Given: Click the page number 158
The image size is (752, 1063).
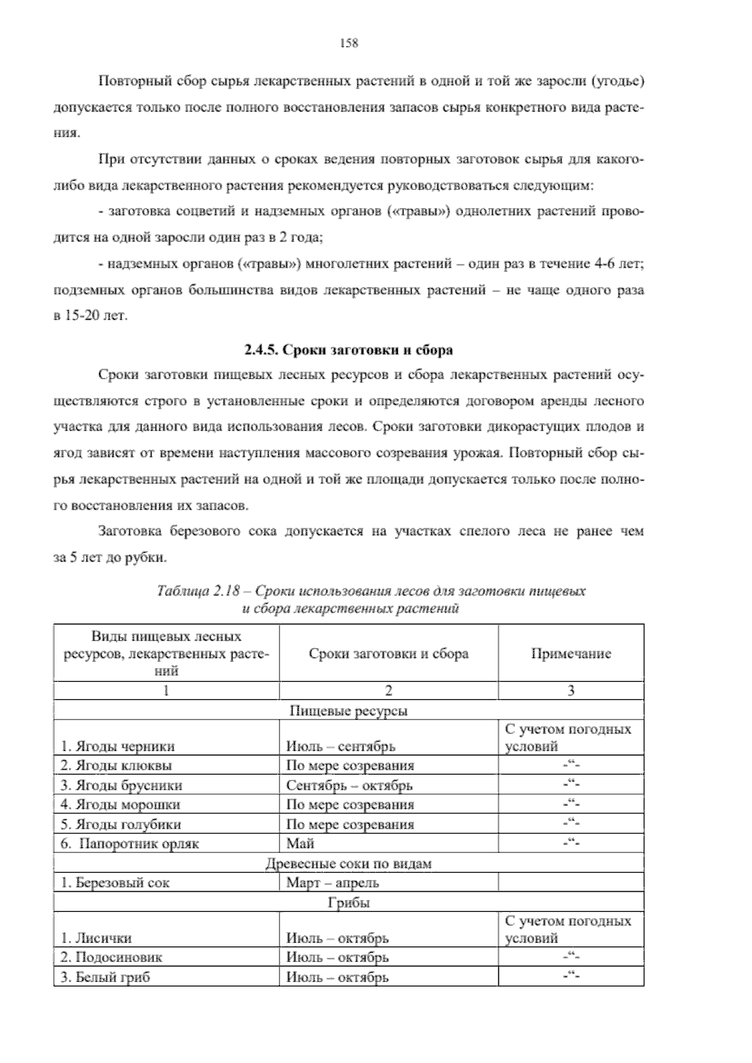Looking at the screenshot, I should [x=348, y=43].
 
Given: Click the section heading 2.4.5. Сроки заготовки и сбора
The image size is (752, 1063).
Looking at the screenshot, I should [x=348, y=350].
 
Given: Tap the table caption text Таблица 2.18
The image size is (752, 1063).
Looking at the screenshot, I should [x=199, y=591].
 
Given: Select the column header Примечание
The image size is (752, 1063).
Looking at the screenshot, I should [x=570, y=654].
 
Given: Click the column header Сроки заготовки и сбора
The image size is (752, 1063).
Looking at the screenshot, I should [x=388, y=654].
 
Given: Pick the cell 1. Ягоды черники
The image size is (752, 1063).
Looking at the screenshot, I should [x=118, y=746].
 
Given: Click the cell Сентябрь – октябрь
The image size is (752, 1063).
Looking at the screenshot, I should [x=349, y=785].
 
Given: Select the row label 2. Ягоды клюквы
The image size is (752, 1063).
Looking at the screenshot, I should [x=116, y=765].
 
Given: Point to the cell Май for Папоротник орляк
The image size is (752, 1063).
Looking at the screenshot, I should [x=300, y=844].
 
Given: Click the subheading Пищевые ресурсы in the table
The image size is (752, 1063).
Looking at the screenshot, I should [x=348, y=711].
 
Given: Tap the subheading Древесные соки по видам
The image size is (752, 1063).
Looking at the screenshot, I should [x=348, y=863].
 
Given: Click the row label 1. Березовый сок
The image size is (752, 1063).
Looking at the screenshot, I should [x=115, y=883].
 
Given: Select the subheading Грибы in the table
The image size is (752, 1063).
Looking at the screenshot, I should [x=348, y=903].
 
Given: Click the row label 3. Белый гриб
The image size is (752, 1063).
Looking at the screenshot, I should [x=105, y=977].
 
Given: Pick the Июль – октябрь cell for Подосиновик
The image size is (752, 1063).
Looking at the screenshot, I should [x=337, y=957].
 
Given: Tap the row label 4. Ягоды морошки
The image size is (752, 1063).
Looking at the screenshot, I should [x=120, y=805].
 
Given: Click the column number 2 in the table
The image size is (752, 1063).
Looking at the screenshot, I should [x=389, y=691].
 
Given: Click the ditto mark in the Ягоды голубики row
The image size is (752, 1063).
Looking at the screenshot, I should [x=571, y=824].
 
